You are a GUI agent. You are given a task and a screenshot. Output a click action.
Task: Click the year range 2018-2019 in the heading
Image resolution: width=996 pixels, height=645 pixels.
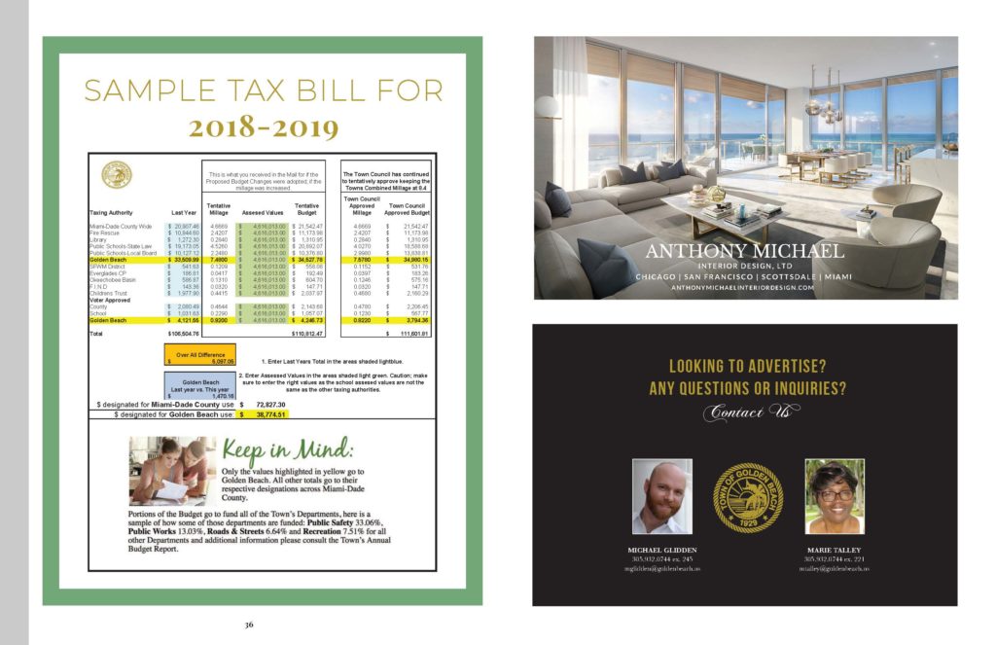[x=264, y=126]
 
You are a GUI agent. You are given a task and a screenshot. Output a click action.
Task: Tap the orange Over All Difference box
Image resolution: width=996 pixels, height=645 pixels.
[x=201, y=356]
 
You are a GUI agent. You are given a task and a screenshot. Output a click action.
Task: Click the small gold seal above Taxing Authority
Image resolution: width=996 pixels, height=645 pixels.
[x=116, y=175]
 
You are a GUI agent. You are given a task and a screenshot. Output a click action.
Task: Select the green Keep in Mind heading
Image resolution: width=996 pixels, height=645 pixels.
[x=287, y=452]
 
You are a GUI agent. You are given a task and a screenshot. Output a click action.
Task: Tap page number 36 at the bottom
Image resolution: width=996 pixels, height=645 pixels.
[x=249, y=624]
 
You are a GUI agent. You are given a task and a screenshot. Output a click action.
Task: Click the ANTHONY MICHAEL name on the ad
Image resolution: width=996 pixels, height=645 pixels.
[x=745, y=251]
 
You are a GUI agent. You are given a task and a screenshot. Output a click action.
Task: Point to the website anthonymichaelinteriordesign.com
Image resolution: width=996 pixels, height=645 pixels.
[x=745, y=288]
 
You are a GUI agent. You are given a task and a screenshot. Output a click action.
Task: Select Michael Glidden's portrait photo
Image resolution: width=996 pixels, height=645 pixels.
[x=661, y=496]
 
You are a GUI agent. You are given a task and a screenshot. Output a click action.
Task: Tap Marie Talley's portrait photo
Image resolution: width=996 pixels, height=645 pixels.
[x=834, y=496]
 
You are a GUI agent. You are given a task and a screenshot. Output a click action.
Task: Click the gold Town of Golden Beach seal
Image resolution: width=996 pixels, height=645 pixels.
[x=747, y=497]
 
